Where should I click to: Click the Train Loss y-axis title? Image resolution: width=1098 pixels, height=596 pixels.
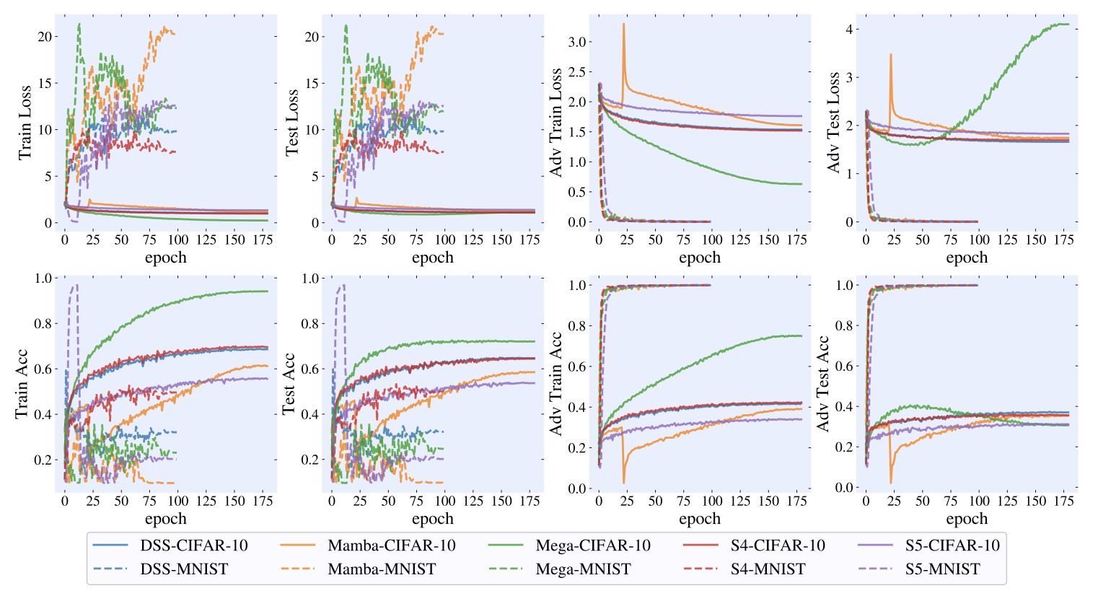(x=25, y=123)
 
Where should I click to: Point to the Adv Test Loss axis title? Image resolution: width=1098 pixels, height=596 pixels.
(x=833, y=122)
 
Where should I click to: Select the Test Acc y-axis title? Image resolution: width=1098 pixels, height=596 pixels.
(x=289, y=384)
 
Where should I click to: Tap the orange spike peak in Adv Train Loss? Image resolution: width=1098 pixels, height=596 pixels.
(x=623, y=24)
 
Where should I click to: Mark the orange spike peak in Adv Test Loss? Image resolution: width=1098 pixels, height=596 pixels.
(x=891, y=54)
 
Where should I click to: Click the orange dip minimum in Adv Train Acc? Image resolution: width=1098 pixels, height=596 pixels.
(x=624, y=483)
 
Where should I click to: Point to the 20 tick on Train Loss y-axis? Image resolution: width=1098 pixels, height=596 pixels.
(x=45, y=37)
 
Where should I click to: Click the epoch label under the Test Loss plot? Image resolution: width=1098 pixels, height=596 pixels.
(x=433, y=258)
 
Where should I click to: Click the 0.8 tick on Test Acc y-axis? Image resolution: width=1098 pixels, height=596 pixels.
(x=311, y=323)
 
